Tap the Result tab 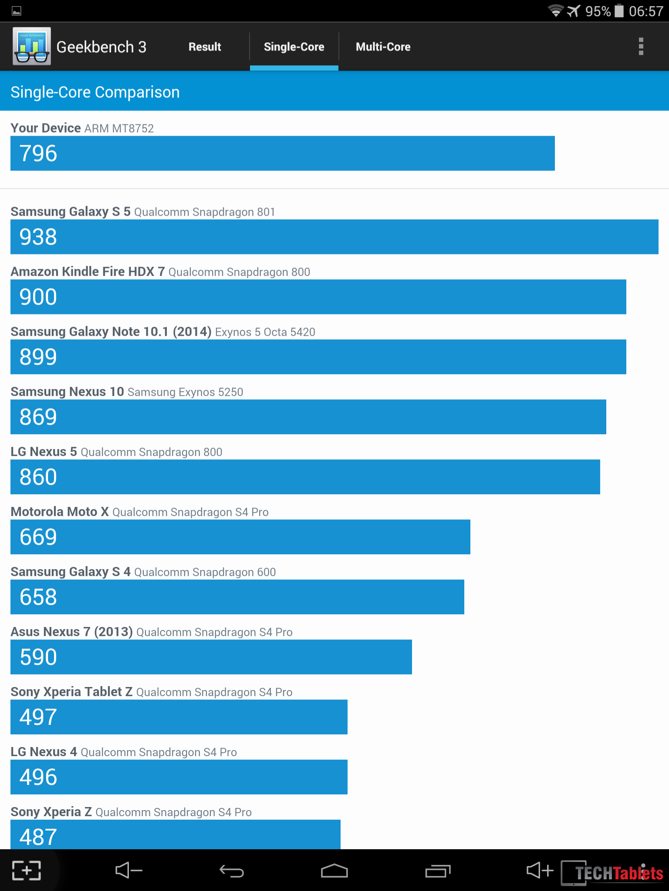(x=205, y=47)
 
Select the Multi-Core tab (x=383, y=47)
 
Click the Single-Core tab (x=294, y=47)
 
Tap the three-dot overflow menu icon (x=641, y=47)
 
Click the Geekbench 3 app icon (x=32, y=46)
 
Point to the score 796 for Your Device (x=38, y=153)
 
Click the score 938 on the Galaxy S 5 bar (x=38, y=237)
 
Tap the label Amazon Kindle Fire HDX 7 (x=88, y=271)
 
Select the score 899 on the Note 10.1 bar (x=38, y=357)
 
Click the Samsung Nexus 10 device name (x=67, y=392)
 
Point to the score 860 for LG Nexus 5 (x=38, y=477)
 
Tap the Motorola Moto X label (x=60, y=512)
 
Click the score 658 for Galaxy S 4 (x=38, y=597)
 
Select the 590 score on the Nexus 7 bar (x=38, y=657)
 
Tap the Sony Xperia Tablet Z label (x=71, y=692)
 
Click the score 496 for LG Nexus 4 (x=38, y=777)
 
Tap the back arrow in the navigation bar (x=232, y=871)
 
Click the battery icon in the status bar (x=619, y=10)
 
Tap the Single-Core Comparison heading (x=95, y=92)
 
